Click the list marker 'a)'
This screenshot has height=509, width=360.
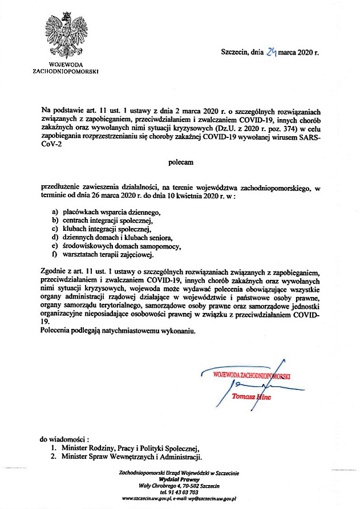coord(55,211)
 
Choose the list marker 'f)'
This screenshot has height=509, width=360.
coord(55,254)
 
